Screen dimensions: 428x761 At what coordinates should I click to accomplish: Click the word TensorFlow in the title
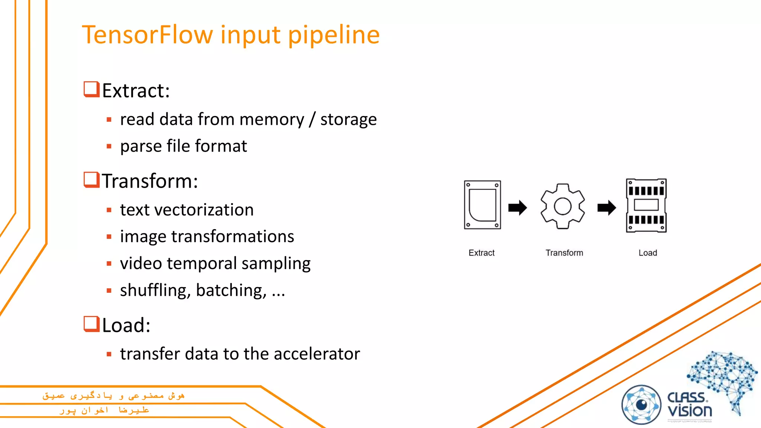(148, 35)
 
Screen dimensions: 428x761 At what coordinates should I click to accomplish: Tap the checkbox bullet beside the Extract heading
(91, 90)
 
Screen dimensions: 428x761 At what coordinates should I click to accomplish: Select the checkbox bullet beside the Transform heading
(91, 180)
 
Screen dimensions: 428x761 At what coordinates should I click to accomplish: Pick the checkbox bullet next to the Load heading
(91, 324)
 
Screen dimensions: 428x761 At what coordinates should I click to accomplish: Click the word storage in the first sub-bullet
(348, 120)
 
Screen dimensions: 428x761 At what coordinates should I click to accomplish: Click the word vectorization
(204, 210)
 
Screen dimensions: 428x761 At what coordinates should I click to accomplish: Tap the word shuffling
(155, 290)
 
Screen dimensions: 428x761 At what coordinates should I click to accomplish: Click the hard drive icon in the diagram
(482, 205)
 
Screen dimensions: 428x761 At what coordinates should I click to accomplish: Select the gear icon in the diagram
(563, 206)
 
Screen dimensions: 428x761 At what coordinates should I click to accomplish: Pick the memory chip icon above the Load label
(646, 205)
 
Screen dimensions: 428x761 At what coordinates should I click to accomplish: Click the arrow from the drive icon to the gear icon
(518, 208)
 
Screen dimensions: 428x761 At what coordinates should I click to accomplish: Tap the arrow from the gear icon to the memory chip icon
(606, 208)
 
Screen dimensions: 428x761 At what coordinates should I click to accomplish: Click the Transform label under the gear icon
(564, 253)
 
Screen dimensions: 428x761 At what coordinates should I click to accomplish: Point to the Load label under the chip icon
(648, 253)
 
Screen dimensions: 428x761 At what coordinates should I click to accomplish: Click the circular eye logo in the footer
(641, 405)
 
